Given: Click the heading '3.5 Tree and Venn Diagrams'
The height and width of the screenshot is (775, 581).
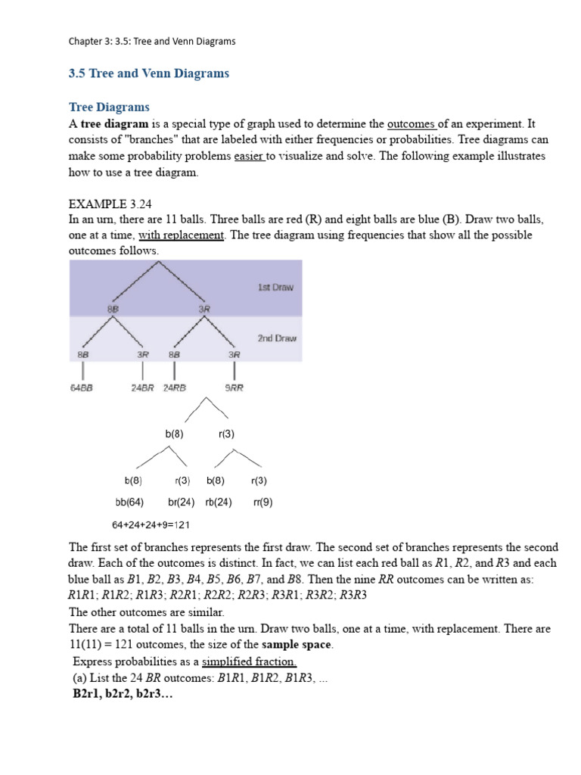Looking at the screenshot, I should [149, 73].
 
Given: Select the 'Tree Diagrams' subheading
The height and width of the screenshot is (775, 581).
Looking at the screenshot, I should [109, 107].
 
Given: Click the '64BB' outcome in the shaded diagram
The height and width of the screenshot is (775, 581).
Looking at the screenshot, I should [82, 387].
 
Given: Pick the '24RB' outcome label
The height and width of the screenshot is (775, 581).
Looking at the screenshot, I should [175, 387].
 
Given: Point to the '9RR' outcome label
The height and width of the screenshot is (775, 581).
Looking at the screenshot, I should [235, 387].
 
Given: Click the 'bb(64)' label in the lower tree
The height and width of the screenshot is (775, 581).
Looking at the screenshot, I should [129, 502].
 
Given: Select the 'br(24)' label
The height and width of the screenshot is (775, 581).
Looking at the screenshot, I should [182, 502].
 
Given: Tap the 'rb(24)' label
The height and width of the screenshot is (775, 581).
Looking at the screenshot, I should [218, 502].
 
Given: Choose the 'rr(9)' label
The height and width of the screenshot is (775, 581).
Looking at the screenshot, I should [263, 502].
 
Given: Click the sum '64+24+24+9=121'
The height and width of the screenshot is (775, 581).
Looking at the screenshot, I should [151, 524].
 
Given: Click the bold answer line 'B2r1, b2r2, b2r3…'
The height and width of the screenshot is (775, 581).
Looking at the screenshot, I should [123, 693].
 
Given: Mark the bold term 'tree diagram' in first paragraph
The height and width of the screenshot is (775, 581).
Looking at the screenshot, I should [114, 123].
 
